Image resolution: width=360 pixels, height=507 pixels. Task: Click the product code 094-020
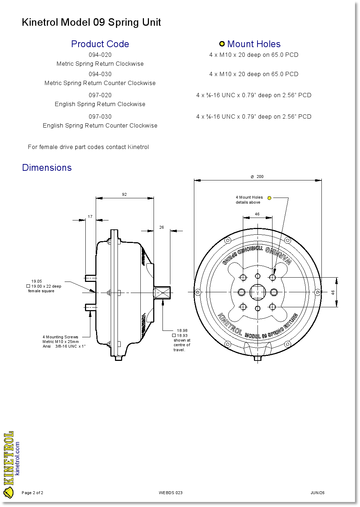100,55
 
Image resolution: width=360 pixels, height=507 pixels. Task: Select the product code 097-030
100,116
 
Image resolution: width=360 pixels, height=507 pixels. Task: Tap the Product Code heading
100,44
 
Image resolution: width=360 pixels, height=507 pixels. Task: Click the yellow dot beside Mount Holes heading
222,44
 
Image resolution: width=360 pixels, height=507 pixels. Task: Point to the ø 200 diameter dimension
257,177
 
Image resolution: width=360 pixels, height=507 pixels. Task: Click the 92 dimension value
124,194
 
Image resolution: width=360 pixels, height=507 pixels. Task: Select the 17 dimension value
90,217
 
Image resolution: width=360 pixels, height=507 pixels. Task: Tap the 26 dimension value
161,227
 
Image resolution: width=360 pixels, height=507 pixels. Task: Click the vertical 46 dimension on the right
333,292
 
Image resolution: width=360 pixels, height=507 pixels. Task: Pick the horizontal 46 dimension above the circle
257,214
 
